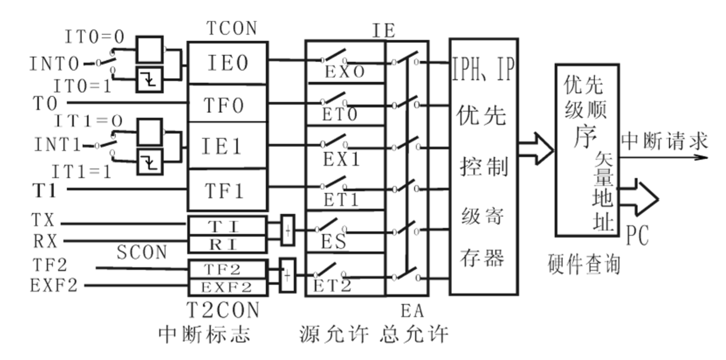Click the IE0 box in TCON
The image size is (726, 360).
[228, 63]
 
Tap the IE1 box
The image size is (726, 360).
[228, 146]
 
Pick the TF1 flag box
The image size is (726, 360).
[228, 190]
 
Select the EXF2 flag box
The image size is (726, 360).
[227, 287]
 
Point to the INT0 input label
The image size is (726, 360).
[54, 63]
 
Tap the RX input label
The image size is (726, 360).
[42, 240]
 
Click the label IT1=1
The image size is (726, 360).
[81, 172]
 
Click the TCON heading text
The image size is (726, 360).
[231, 29]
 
